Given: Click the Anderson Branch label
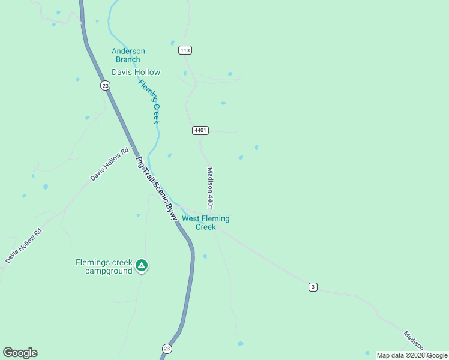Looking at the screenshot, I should (128, 55).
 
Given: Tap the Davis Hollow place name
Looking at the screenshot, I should (136, 73).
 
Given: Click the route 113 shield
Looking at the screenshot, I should (185, 50).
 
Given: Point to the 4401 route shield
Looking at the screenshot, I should (200, 130).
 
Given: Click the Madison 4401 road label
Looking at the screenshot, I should (211, 188).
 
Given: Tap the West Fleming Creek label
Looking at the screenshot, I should (206, 223).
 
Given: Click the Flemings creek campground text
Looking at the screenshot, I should (104, 266).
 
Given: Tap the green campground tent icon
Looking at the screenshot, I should (142, 265).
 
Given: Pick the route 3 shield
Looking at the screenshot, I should (313, 287).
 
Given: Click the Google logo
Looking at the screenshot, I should (20, 353).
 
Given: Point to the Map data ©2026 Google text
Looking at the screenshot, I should (412, 355).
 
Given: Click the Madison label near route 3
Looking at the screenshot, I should (414, 341).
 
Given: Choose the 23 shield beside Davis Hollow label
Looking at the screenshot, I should (106, 86).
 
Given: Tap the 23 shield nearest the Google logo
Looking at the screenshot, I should (167, 348).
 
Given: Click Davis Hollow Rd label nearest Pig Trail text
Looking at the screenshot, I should (109, 165).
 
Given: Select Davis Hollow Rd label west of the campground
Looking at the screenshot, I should (24, 246).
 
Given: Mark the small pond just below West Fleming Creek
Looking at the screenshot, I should (205, 256).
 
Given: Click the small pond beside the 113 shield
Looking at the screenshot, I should (173, 43).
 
